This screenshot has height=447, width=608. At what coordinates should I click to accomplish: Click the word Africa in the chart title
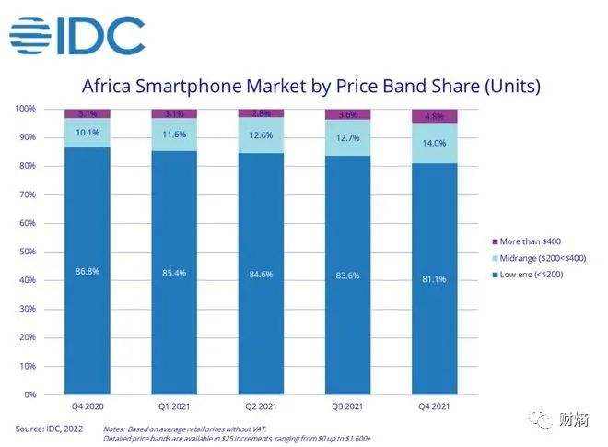tap(109, 87)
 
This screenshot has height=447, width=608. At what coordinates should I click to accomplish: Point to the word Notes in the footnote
tap(113, 429)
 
